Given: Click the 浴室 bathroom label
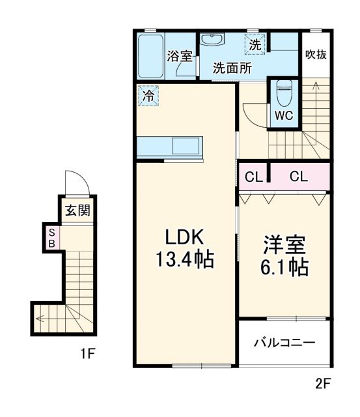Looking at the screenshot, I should [179, 56].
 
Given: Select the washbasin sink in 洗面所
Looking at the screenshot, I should [212, 40].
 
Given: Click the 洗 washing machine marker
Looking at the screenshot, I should [255, 45].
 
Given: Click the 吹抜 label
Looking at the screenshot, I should [316, 54].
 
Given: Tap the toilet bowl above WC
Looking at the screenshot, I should [283, 94].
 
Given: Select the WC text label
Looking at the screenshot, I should [283, 116].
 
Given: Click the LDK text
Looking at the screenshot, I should [184, 238].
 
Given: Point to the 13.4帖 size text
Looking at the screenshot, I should [184, 261].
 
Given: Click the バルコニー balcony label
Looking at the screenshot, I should [284, 343].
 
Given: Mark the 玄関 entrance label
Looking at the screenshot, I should [76, 210].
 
